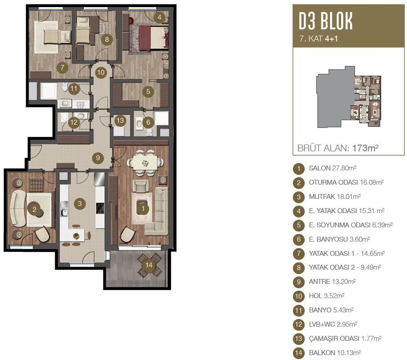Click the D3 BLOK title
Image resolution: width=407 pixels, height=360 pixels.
[x=326, y=21]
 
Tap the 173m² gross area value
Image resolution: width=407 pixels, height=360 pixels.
[x=365, y=148]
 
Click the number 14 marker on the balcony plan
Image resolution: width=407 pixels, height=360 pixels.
[x=149, y=265]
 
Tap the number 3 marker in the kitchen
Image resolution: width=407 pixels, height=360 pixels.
[x=80, y=204]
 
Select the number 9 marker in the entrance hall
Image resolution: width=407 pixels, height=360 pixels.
[x=98, y=158]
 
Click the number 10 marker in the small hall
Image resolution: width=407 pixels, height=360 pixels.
[x=101, y=73]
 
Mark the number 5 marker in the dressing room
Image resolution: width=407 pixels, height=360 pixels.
[x=148, y=91]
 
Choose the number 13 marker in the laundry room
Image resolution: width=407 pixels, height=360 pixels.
[x=120, y=121]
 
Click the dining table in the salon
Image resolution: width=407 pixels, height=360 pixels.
[x=145, y=162]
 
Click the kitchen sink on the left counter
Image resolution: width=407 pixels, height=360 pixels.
[x=64, y=213]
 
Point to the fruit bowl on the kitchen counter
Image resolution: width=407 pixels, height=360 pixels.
[x=77, y=236]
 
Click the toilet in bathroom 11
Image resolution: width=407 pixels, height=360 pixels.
[x=65, y=87]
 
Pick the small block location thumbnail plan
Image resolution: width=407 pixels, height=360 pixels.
[x=349, y=97]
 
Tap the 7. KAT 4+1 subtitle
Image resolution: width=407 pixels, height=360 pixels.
[x=318, y=39]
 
